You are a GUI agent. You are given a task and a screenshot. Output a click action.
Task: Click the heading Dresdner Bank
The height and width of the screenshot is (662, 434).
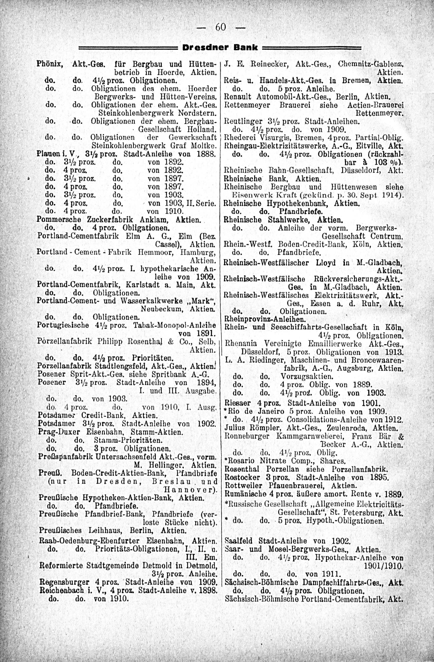[220, 48]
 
